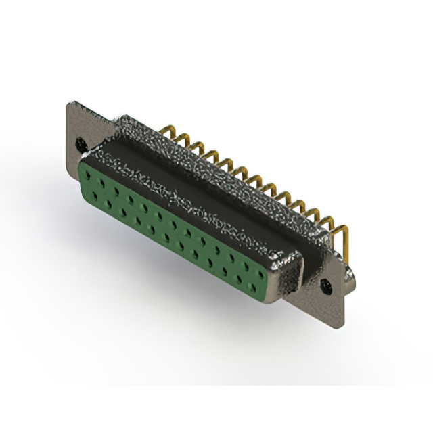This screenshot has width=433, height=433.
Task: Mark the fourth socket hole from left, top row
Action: click(130, 199)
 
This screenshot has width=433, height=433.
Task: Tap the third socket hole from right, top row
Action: click(231, 257)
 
